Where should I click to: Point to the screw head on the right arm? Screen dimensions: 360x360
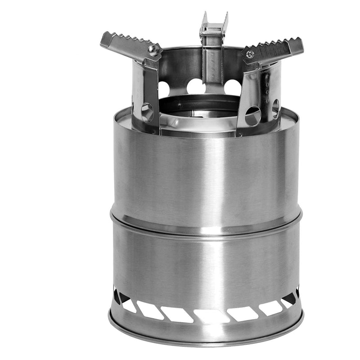coord(250,55)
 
